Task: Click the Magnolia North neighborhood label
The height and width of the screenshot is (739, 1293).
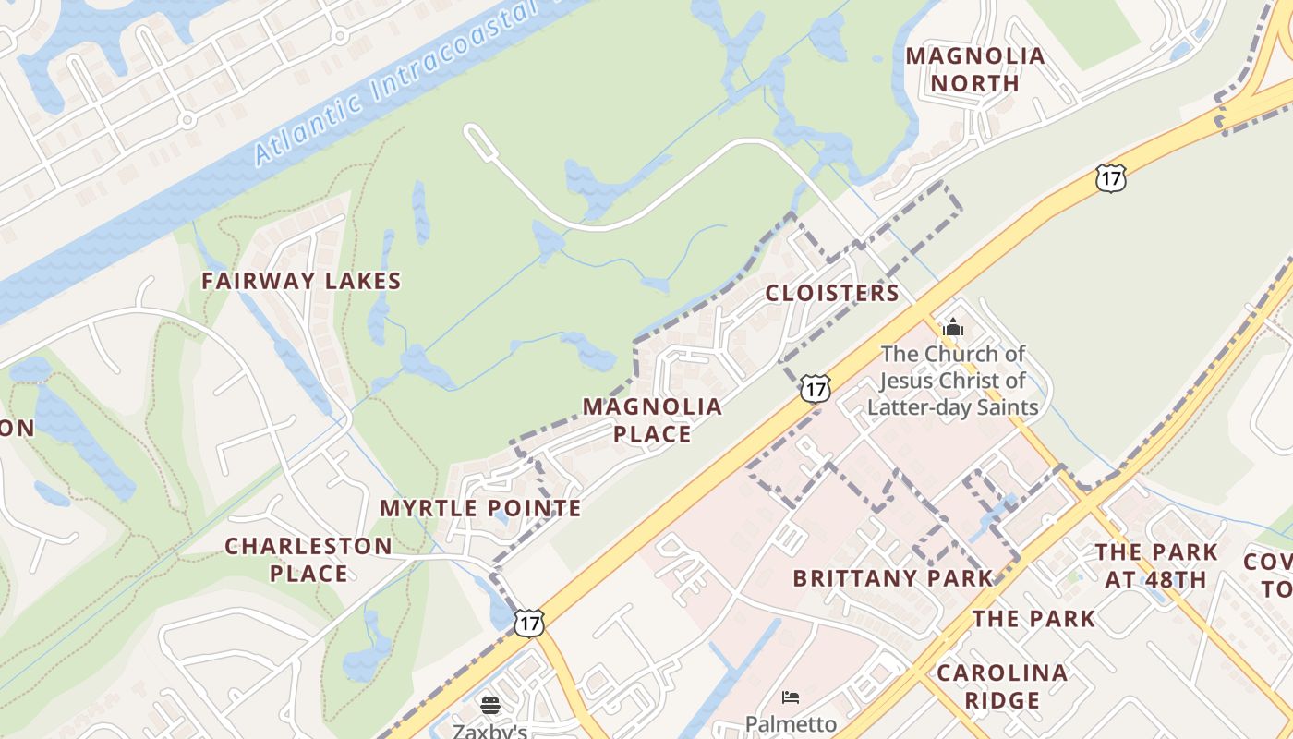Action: coord(974,69)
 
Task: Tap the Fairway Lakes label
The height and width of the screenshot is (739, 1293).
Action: coord(301,281)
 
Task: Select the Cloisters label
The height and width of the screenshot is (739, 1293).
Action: coord(831,293)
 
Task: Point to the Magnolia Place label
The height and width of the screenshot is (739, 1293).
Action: coord(651,420)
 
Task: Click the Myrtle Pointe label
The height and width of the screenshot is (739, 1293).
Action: coord(480,508)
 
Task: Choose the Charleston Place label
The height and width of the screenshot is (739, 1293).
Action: coord(308,559)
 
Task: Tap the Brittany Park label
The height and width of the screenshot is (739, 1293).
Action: coord(892,578)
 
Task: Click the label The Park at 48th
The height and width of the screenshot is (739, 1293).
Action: coord(1155,565)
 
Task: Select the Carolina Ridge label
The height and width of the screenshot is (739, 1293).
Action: coord(1002,685)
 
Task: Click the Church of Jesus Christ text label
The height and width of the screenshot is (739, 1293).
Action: coord(952,380)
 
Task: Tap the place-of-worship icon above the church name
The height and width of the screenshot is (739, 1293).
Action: coord(952,327)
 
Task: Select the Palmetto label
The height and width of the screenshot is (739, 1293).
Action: coord(791,723)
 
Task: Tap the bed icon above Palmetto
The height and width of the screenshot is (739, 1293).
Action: coord(791,697)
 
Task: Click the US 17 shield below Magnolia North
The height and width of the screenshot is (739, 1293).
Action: coord(1111,178)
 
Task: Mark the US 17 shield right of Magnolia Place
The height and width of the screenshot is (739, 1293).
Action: coord(814,389)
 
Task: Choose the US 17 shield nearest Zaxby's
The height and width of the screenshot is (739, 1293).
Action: coord(528,623)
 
